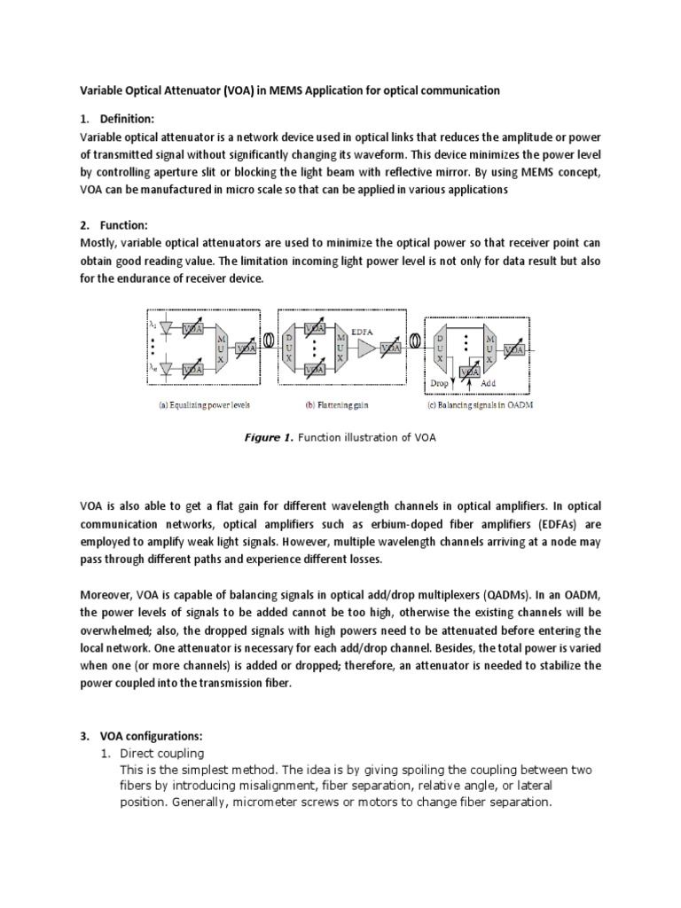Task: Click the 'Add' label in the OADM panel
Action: click(x=488, y=383)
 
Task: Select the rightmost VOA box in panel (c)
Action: click(x=513, y=349)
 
